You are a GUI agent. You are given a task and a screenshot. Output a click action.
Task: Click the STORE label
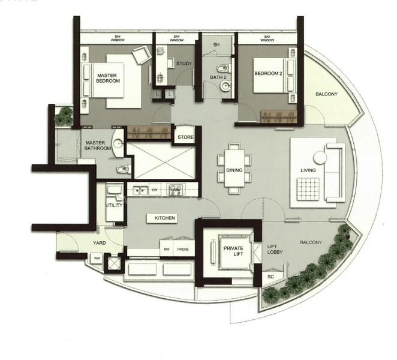185,137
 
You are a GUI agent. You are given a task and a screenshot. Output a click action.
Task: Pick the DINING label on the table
234,170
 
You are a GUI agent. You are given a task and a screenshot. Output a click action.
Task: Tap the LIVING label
308,170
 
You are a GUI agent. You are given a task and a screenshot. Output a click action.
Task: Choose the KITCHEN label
164,218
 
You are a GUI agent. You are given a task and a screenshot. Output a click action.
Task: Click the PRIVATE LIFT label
231,250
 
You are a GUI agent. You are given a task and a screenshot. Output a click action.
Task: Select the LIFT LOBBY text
272,250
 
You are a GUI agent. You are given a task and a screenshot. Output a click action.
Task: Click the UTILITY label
113,205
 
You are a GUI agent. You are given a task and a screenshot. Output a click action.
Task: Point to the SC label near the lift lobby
272,278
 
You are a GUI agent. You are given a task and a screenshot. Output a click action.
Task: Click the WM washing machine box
97,259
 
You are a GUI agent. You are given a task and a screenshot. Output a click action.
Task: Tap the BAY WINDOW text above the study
176,38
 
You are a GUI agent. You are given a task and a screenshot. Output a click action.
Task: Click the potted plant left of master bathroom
62,117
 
